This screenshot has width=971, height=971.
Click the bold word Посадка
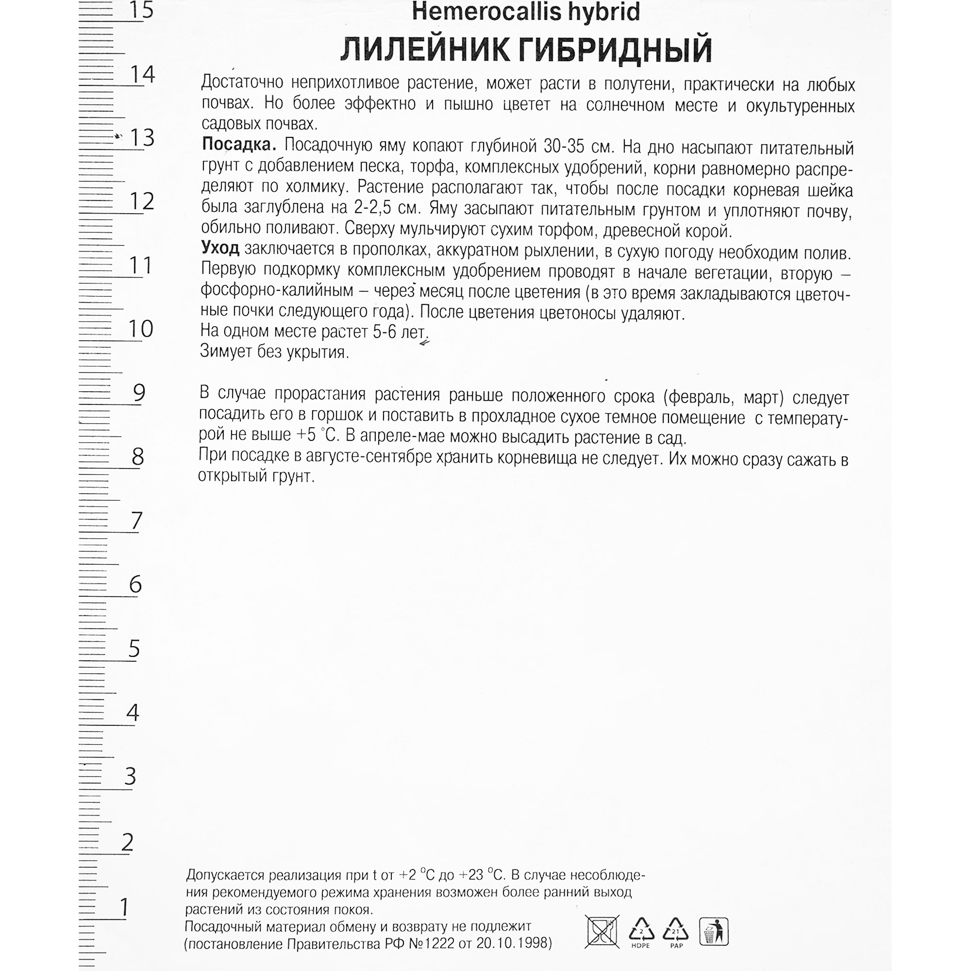[239, 145]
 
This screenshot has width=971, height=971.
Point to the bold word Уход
[220, 248]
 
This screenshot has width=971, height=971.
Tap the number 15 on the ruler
[141, 10]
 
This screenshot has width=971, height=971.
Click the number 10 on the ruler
[141, 329]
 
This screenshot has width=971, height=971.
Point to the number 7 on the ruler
[136, 520]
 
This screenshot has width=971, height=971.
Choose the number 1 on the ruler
[124, 908]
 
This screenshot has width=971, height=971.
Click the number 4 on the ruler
[132, 713]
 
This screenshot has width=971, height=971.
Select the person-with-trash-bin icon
[713, 931]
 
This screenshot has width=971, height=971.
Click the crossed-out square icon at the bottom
[602, 931]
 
